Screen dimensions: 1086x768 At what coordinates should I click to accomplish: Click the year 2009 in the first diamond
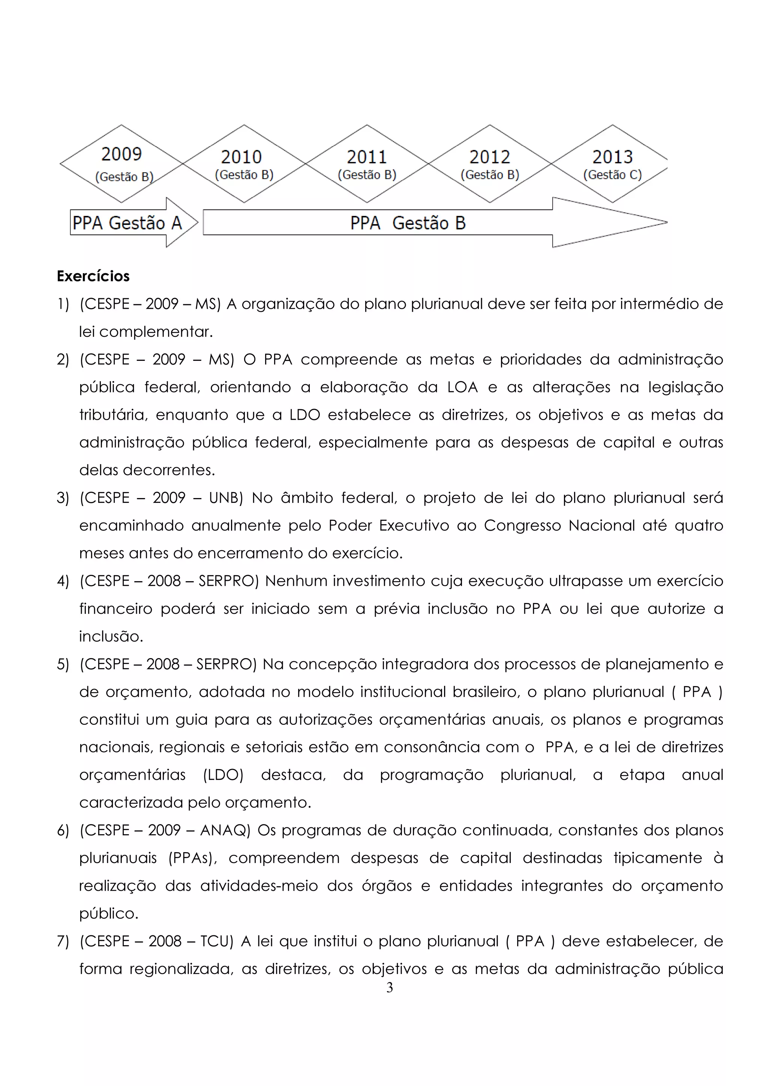pos(121,154)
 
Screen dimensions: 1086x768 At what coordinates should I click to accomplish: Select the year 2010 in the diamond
pos(241,157)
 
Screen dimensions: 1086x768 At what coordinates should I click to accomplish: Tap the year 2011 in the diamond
pos(367,157)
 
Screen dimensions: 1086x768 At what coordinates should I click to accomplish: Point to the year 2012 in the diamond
pos(490,157)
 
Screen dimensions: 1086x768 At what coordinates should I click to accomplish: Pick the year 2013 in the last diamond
pos(613,157)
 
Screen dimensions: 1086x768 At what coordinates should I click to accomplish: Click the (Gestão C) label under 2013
pos(613,175)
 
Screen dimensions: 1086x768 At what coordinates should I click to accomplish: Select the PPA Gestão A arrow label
pos(127,223)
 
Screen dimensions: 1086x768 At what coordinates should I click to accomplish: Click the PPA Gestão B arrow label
pos(408,223)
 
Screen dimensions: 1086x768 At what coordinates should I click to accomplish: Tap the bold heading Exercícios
pos(93,276)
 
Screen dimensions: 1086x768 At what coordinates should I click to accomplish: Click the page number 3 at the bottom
pos(390,987)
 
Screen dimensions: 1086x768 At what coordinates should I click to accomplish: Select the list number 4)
pos(63,581)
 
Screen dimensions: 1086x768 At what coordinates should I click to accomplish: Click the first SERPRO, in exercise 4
pos(226,581)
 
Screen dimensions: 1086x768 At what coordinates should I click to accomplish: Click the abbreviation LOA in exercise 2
pos(462,387)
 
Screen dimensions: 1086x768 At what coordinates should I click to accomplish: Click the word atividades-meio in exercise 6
pos(259,886)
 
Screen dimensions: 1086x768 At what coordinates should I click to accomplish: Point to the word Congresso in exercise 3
pos(522,525)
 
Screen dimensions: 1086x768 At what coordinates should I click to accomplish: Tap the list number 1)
pos(63,304)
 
